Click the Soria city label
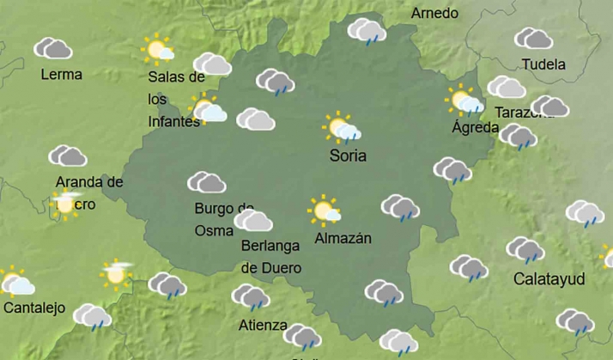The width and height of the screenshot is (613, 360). (348, 156)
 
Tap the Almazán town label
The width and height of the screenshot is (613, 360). (343, 238)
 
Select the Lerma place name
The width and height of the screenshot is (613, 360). (62, 75)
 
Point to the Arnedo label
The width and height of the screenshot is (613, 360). (434, 14)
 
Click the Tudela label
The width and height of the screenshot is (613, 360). (543, 64)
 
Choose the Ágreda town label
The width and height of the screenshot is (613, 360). (475, 128)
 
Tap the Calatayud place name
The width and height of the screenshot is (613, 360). (549, 279)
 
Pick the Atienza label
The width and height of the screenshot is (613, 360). (263, 325)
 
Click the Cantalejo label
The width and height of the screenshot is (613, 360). (34, 308)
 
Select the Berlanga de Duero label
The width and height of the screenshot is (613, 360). (270, 256)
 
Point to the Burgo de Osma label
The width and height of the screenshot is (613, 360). (223, 219)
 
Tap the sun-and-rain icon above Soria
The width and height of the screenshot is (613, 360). (343, 127)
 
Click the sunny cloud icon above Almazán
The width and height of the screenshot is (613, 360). (325, 210)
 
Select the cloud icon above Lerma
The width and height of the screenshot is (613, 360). (52, 48)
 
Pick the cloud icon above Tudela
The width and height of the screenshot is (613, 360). (533, 39)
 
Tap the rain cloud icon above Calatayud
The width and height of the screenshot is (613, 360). (525, 250)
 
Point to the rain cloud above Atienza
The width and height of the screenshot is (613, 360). (250, 297)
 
